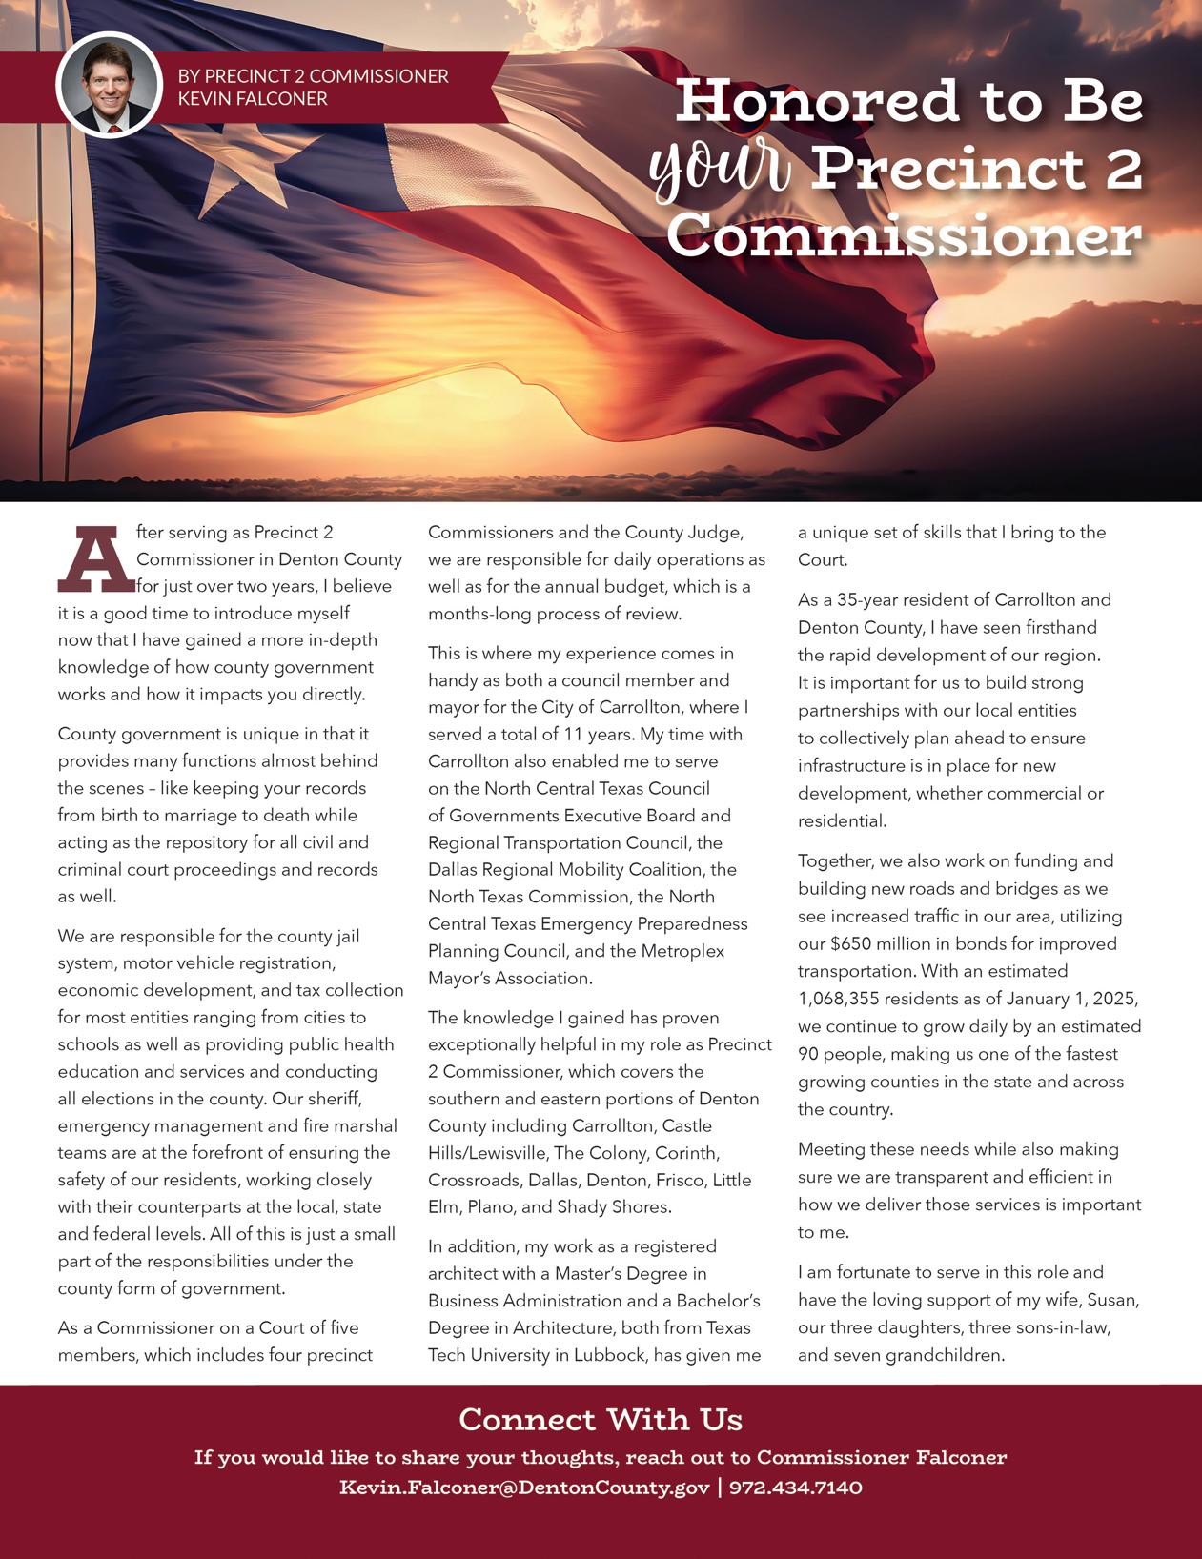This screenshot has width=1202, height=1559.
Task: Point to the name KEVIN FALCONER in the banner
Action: tap(253, 99)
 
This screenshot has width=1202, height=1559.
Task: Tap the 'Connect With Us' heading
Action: tap(601, 1420)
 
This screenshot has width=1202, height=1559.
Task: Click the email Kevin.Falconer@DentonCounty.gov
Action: tap(524, 1488)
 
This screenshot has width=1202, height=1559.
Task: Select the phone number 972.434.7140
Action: tap(796, 1488)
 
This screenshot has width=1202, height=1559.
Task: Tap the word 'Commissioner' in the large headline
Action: tap(904, 235)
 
